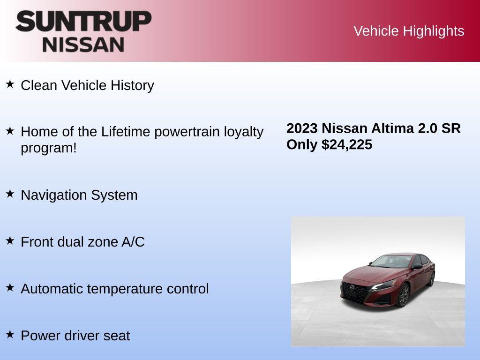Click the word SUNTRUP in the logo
(x=83, y=21)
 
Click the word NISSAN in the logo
(x=83, y=45)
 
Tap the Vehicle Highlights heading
(x=409, y=31)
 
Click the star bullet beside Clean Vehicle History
(x=10, y=84)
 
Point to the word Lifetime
(x=125, y=132)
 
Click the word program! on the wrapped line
(x=48, y=148)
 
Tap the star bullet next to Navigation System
(x=10, y=194)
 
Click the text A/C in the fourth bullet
(x=133, y=242)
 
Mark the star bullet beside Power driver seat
(x=10, y=334)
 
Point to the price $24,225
(x=347, y=144)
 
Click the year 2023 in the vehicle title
(x=302, y=128)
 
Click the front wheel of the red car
(x=403, y=296)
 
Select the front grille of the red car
(x=354, y=293)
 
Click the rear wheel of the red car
(x=431, y=279)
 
